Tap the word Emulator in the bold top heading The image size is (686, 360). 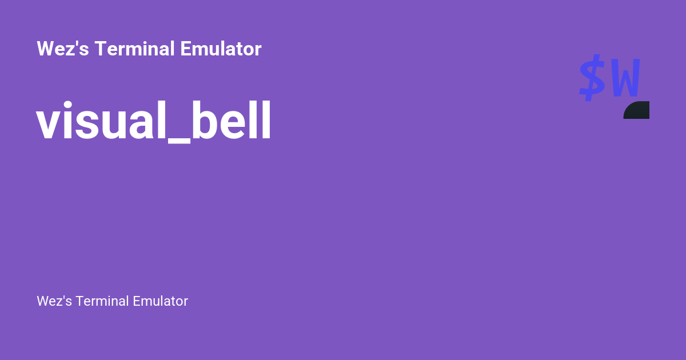(x=221, y=49)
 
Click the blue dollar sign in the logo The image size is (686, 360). (x=592, y=78)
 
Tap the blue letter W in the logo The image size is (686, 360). (x=624, y=79)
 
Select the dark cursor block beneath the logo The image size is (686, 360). (x=637, y=111)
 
